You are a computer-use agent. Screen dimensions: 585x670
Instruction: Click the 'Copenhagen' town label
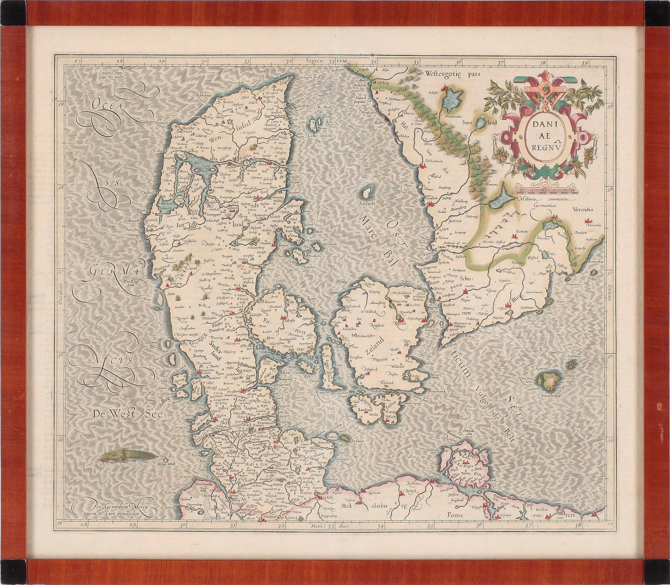tap(411, 316)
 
